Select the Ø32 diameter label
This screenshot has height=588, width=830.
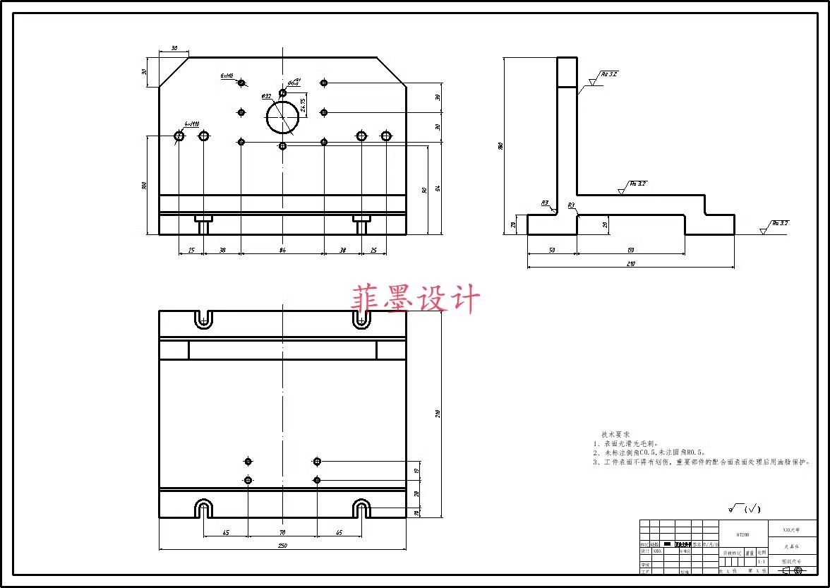[x=267, y=96]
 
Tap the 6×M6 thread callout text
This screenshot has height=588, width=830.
[x=227, y=75]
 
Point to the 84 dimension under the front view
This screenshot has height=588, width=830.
[x=282, y=250]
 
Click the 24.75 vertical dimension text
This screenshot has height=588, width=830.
[x=303, y=105]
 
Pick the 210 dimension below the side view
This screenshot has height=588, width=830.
[x=631, y=264]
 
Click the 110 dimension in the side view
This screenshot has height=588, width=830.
[x=631, y=250]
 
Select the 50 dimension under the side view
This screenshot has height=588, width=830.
[x=552, y=250]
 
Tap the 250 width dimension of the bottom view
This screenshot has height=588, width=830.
[x=282, y=545]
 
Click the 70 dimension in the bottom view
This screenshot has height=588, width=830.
[x=282, y=532]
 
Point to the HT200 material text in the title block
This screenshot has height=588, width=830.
[x=742, y=535]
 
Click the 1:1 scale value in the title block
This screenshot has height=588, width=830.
[x=761, y=562]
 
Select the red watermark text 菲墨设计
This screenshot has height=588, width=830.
[x=416, y=299]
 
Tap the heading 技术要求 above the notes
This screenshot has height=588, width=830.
[x=615, y=434]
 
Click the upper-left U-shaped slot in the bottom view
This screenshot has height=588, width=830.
[x=204, y=319]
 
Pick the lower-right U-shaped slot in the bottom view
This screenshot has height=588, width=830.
[x=361, y=509]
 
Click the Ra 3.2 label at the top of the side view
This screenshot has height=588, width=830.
[x=609, y=74]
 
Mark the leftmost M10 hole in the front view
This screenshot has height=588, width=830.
[x=179, y=136]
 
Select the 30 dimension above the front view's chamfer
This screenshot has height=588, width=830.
[x=174, y=49]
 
